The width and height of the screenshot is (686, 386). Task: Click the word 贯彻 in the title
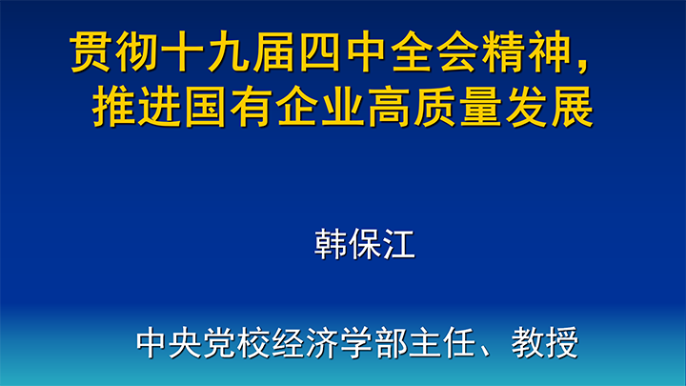(x=114, y=52)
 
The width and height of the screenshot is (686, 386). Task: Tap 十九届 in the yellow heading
(x=229, y=52)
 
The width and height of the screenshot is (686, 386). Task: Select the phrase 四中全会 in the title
(x=388, y=52)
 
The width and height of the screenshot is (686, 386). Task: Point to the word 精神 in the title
(x=525, y=52)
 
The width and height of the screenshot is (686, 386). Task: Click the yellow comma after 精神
(x=582, y=66)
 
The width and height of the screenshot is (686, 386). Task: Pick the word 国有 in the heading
(x=229, y=107)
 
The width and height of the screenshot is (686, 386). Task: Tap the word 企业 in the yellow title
(x=320, y=107)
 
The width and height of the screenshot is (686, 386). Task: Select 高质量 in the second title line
(x=434, y=107)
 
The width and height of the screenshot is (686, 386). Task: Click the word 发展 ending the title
(x=549, y=107)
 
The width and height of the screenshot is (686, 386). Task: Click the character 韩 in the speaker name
(x=331, y=244)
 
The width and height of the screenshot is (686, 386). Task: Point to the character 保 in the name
(x=364, y=244)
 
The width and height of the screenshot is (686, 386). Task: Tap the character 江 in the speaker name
(x=398, y=244)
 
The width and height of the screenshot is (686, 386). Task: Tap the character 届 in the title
(x=273, y=52)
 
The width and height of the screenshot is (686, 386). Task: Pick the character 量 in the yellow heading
(x=479, y=107)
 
